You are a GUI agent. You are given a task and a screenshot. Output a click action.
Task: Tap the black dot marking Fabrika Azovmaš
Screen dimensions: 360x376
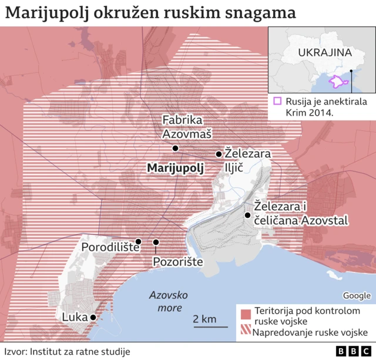(175, 147)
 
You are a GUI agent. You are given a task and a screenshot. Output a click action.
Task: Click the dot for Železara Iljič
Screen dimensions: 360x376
(219, 154)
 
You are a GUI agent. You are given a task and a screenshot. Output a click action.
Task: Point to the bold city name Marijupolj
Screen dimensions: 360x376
(175, 169)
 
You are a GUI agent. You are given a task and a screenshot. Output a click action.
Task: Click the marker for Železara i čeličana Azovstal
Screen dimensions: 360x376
(247, 215)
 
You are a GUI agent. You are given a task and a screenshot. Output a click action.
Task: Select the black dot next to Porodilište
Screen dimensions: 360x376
(138, 241)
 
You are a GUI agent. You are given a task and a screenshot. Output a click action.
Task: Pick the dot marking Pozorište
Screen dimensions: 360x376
(156, 242)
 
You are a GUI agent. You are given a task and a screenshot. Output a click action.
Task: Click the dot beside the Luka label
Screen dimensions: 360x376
(92, 317)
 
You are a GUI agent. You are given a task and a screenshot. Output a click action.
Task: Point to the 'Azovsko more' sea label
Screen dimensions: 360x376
(167, 302)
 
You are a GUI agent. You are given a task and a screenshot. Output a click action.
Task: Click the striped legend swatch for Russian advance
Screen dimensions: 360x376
(245, 333)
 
